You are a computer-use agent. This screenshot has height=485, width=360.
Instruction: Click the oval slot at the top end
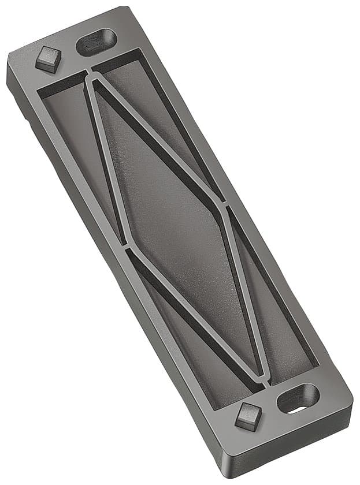(97, 42)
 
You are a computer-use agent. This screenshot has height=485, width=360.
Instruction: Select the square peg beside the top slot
(48, 59)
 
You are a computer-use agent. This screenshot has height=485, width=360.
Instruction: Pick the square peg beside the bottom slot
(248, 415)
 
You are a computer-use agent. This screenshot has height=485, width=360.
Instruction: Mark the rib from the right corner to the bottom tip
(246, 294)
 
